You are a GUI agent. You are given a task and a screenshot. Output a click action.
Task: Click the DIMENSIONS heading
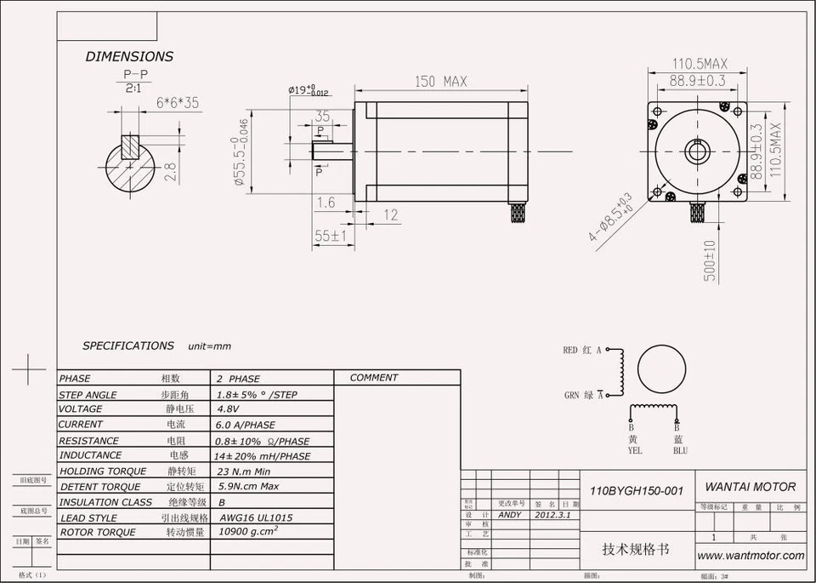click(x=129, y=56)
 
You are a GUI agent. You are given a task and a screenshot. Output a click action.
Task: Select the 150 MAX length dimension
click(x=440, y=82)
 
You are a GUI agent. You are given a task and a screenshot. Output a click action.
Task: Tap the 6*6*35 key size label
click(x=178, y=103)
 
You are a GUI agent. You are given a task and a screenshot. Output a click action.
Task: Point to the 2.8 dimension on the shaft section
click(x=170, y=171)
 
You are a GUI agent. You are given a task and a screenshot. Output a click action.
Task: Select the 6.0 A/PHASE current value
click(x=246, y=425)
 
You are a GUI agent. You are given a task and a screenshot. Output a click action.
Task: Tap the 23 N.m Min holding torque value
click(x=243, y=471)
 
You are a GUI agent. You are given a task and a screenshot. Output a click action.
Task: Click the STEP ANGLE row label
click(x=88, y=395)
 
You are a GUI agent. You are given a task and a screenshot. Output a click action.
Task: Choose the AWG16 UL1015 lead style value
click(x=256, y=517)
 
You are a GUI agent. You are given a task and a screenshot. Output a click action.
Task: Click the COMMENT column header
click(x=373, y=378)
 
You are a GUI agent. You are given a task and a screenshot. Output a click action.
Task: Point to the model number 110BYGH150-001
click(x=637, y=491)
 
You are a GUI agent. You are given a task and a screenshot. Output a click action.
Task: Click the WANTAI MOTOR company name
click(x=751, y=487)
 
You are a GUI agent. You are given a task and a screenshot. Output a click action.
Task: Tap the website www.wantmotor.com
click(x=751, y=555)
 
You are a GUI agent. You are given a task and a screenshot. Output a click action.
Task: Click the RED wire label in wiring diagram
click(x=569, y=350)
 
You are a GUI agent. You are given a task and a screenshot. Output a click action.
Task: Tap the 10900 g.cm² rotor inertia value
click(x=248, y=530)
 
